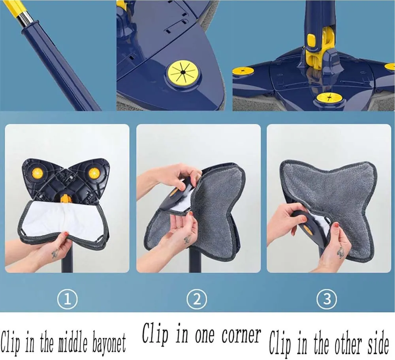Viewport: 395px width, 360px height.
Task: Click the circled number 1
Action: tap(67, 300)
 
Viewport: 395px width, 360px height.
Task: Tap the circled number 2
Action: tap(197, 300)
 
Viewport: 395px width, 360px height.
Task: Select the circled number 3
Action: tap(327, 300)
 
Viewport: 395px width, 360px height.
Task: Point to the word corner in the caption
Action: tap(241, 335)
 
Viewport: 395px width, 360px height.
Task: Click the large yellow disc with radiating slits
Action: tap(183, 73)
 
